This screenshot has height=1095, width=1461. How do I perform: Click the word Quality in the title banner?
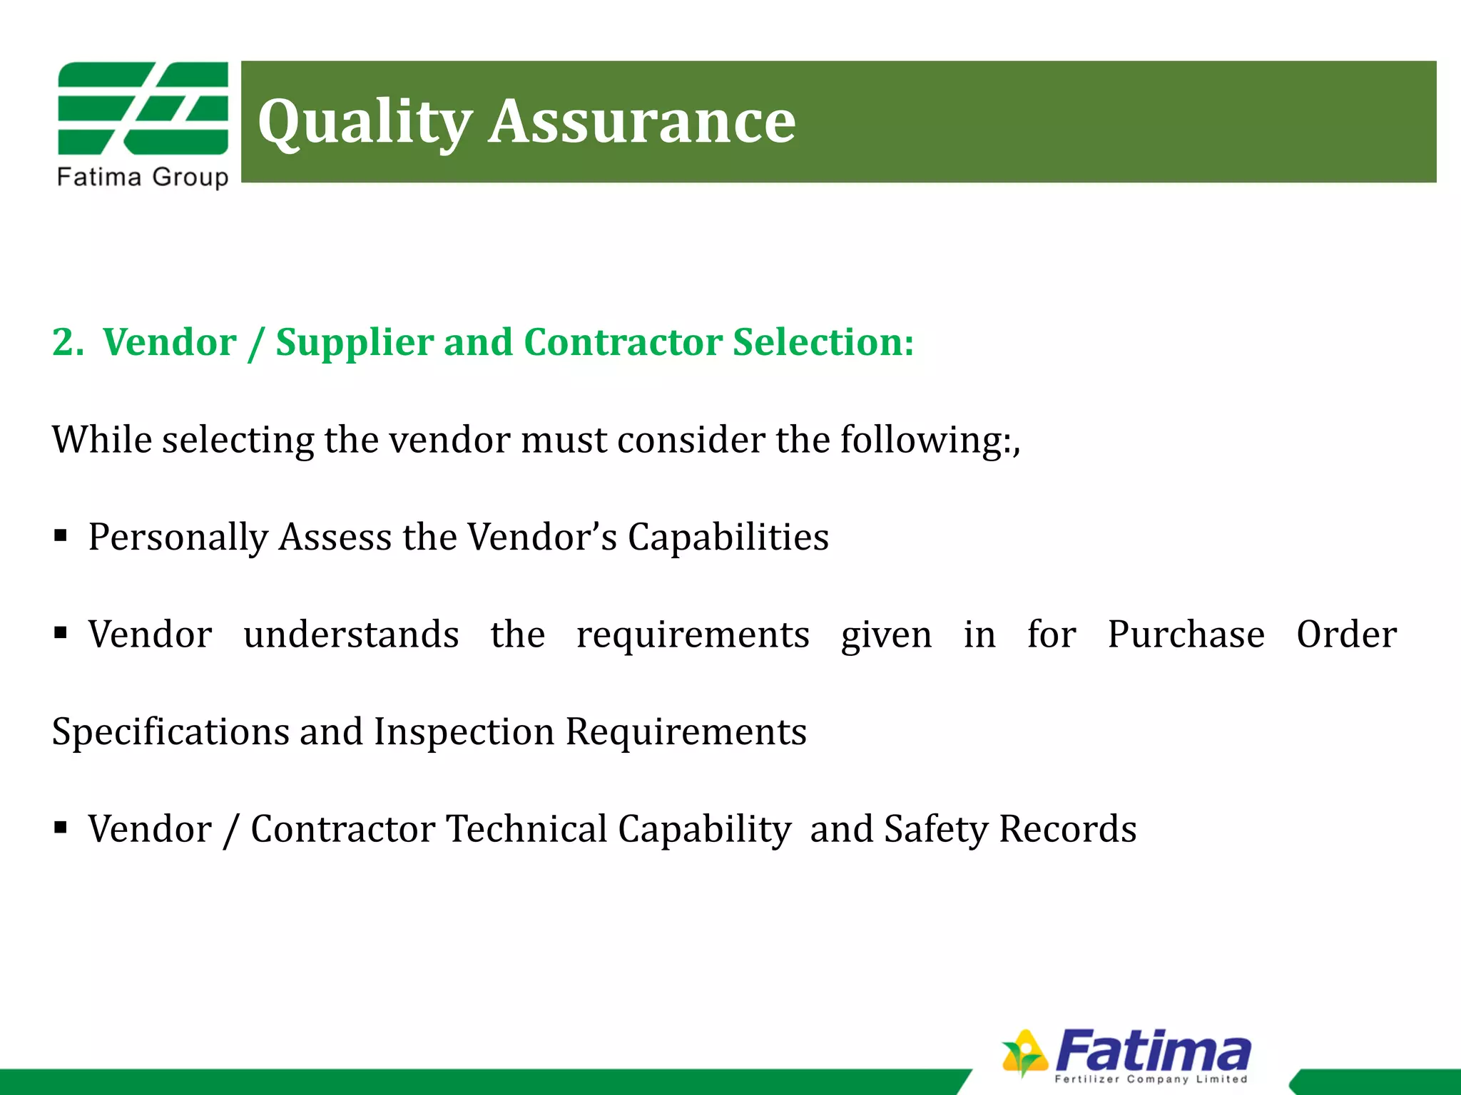pos(365,123)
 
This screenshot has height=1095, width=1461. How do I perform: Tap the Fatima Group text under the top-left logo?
pos(143,177)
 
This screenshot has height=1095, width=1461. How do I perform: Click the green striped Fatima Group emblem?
pos(143,108)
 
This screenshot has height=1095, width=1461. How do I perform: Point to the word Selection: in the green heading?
pos(823,342)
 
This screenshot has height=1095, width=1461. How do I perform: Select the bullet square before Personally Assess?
pos(61,535)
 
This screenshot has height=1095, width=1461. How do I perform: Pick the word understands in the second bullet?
pos(351,634)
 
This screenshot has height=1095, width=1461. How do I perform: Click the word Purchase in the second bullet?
pos(1186,634)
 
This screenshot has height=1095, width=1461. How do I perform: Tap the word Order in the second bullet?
pos(1346,634)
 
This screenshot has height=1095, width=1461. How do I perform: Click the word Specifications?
pos(170,732)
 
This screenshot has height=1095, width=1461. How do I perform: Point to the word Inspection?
pos(464,732)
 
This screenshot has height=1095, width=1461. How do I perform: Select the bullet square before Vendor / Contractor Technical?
pos(61,828)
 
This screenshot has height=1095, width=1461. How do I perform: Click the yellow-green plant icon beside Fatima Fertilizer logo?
pos(1024,1052)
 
